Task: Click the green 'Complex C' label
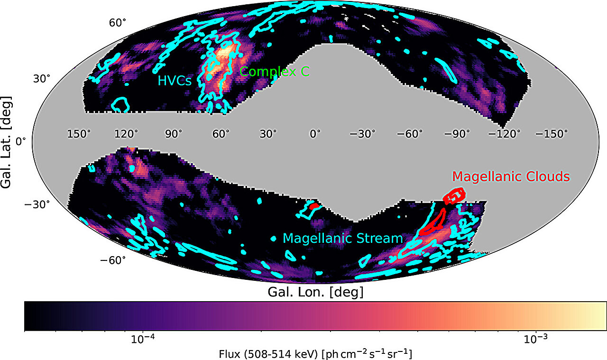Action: (x=275, y=72)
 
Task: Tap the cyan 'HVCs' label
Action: (x=175, y=81)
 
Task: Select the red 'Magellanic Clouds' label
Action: (x=511, y=176)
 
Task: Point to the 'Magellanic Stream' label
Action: (x=343, y=239)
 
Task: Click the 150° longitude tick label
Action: (x=79, y=134)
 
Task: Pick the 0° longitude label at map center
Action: (x=315, y=134)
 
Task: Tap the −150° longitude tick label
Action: (x=552, y=134)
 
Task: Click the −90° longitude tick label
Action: (x=457, y=134)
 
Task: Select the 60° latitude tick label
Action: (x=118, y=23)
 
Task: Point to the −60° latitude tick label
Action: (x=113, y=260)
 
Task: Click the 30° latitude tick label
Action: (x=42, y=79)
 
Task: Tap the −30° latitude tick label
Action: (x=37, y=204)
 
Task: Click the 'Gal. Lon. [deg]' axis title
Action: (x=315, y=292)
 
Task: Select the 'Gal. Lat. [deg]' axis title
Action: (x=6, y=142)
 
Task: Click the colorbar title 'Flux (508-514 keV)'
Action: (x=268, y=354)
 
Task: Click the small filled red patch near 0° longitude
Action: (x=314, y=206)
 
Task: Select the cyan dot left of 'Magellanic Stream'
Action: (x=274, y=239)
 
